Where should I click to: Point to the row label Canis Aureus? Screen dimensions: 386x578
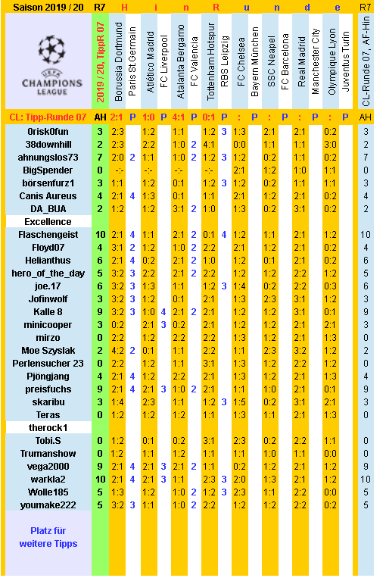48,196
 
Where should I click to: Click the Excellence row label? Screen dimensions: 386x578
48,222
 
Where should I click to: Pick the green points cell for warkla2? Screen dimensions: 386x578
100,479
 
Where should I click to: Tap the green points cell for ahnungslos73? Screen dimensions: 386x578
100,158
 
